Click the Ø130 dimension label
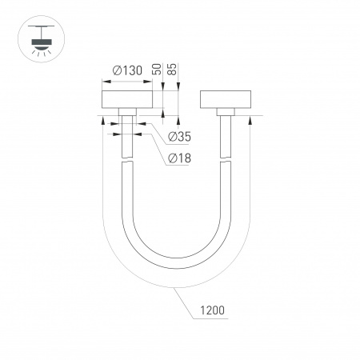pyautogui.click(x=128, y=70)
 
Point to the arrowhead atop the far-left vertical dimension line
pyautogui.click(x=102, y=120)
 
